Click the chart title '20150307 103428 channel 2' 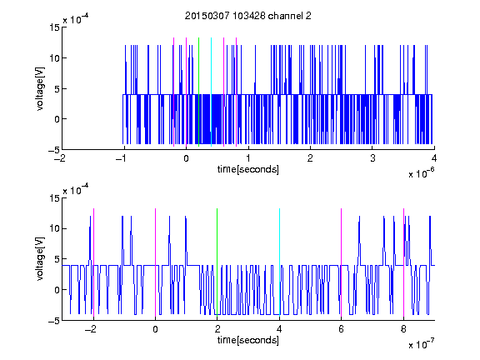(x=248, y=16)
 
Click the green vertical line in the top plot (x=198, y=92)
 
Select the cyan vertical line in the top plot (x=211, y=92)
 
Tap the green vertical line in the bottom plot (x=217, y=262)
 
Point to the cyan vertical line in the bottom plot (x=279, y=262)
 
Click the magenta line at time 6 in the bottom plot (x=342, y=262)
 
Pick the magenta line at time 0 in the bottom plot (x=155, y=262)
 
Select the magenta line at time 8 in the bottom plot (x=404, y=262)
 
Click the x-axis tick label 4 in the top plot (x=434, y=158)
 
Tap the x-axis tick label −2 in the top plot (x=60, y=158)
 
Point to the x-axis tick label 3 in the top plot (x=372, y=158)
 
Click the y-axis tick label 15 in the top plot (x=55, y=27)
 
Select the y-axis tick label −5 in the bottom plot (x=54, y=321)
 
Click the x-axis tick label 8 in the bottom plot (x=403, y=329)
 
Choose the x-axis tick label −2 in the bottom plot (x=91, y=329)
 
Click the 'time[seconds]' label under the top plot (x=248, y=169)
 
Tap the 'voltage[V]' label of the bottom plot (x=40, y=259)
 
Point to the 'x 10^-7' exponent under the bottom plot (x=421, y=343)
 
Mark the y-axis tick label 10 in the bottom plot (x=55, y=228)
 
